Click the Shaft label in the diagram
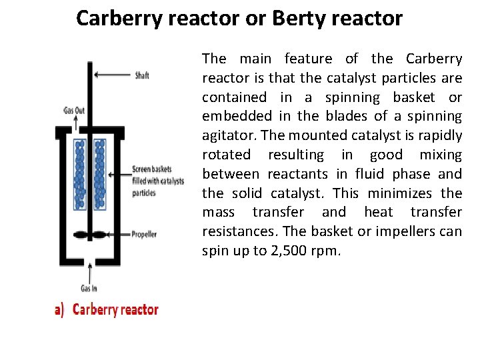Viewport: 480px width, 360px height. pyautogui.click(x=142, y=75)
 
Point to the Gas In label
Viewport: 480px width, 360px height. pyautogui.click(x=89, y=288)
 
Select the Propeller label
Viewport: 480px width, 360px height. pyautogui.click(x=145, y=235)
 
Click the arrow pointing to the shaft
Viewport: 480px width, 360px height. pyautogui.click(x=113, y=75)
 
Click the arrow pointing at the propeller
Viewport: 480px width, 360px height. pyautogui.click(x=120, y=235)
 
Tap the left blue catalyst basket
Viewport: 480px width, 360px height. pyautogui.click(x=81, y=173)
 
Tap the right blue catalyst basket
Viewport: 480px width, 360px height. pyautogui.click(x=101, y=173)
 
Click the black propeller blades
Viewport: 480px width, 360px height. pyautogui.click(x=91, y=235)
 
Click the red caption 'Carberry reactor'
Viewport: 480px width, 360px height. pyautogui.click(x=115, y=309)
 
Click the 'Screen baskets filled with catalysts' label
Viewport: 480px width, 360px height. pyautogui.click(x=157, y=181)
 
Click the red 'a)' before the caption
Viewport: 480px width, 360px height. pyautogui.click(x=59, y=309)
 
